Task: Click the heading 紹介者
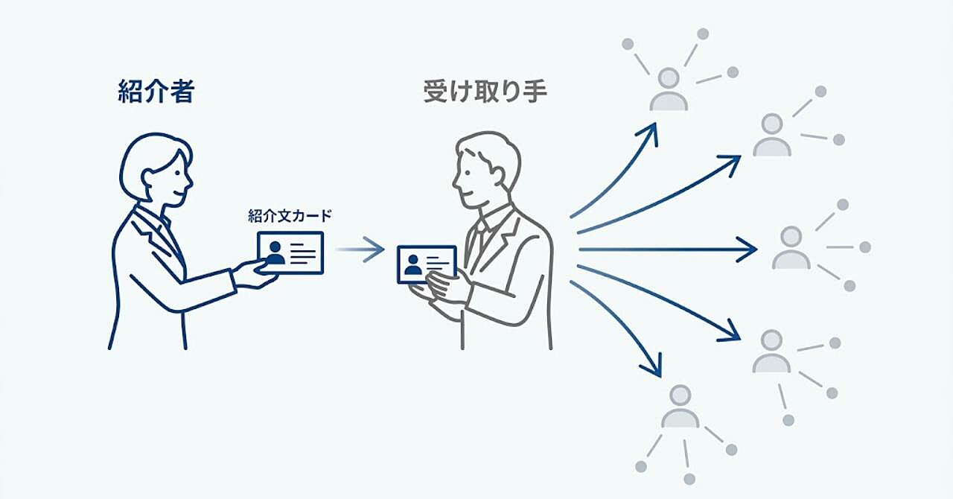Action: coord(156,92)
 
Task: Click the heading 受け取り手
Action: coord(485,92)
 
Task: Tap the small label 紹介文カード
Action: coord(290,216)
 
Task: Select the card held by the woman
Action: coord(290,252)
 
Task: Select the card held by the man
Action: coord(427,264)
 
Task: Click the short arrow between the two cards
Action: coord(360,249)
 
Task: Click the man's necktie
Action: coord(478,241)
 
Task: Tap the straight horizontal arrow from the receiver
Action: coord(668,249)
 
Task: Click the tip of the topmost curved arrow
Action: coord(655,124)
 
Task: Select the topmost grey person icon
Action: coord(669,89)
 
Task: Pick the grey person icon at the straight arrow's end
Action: coord(791,247)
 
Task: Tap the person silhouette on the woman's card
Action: coord(275,253)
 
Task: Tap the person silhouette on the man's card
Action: coord(412,265)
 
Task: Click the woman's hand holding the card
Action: coord(255,275)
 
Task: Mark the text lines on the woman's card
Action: coord(302,254)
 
